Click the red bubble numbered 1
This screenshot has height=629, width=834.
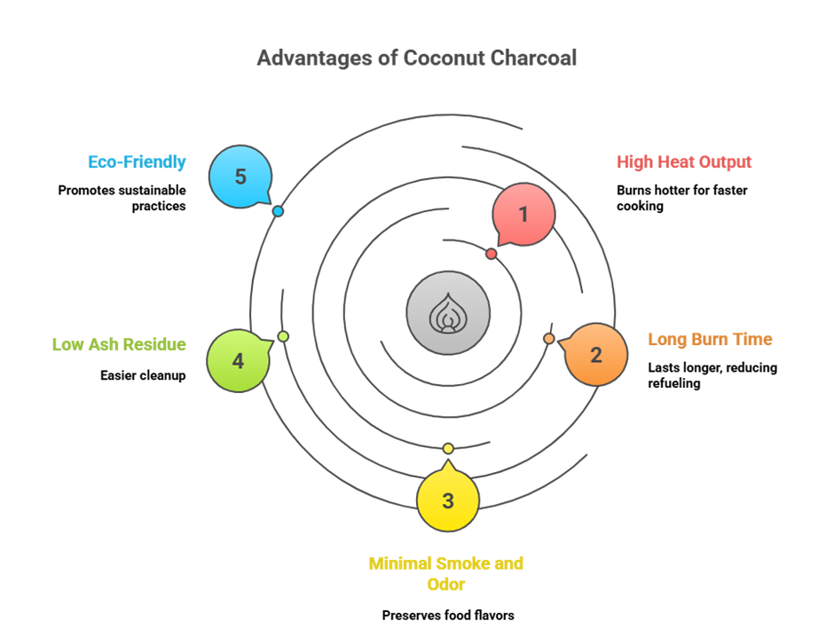click(523, 214)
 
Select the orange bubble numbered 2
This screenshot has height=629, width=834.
click(596, 355)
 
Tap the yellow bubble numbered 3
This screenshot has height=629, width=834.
click(448, 500)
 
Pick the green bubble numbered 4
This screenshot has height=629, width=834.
click(238, 361)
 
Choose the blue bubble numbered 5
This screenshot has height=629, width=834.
click(240, 177)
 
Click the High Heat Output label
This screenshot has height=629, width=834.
click(684, 162)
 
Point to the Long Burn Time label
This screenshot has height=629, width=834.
click(710, 340)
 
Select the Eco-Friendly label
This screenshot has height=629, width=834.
click(137, 162)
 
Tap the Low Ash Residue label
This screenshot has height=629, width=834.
click(119, 345)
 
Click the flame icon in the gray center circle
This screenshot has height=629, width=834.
click(448, 313)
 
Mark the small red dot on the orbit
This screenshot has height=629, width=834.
click(491, 254)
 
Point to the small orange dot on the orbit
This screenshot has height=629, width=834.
click(549, 339)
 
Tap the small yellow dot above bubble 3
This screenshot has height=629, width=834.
click(448, 448)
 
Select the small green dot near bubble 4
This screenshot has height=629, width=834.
click(283, 336)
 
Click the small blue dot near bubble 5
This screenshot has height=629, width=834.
click(278, 211)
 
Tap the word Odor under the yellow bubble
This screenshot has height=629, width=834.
click(446, 585)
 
